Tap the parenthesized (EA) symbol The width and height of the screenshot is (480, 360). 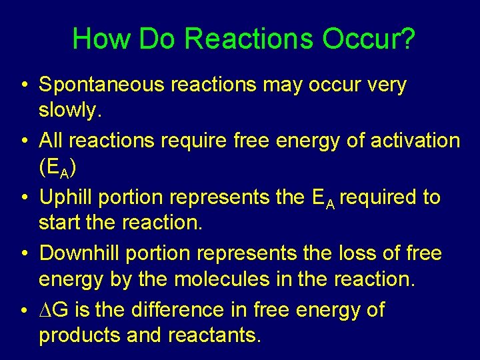[x=58, y=169]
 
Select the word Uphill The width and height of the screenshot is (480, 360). [x=66, y=198]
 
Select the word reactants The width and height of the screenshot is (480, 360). [x=215, y=335]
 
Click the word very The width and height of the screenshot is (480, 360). [x=384, y=86]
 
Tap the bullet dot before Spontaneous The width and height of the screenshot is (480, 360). [x=23, y=86]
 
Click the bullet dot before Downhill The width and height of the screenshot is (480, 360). [x=23, y=254]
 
